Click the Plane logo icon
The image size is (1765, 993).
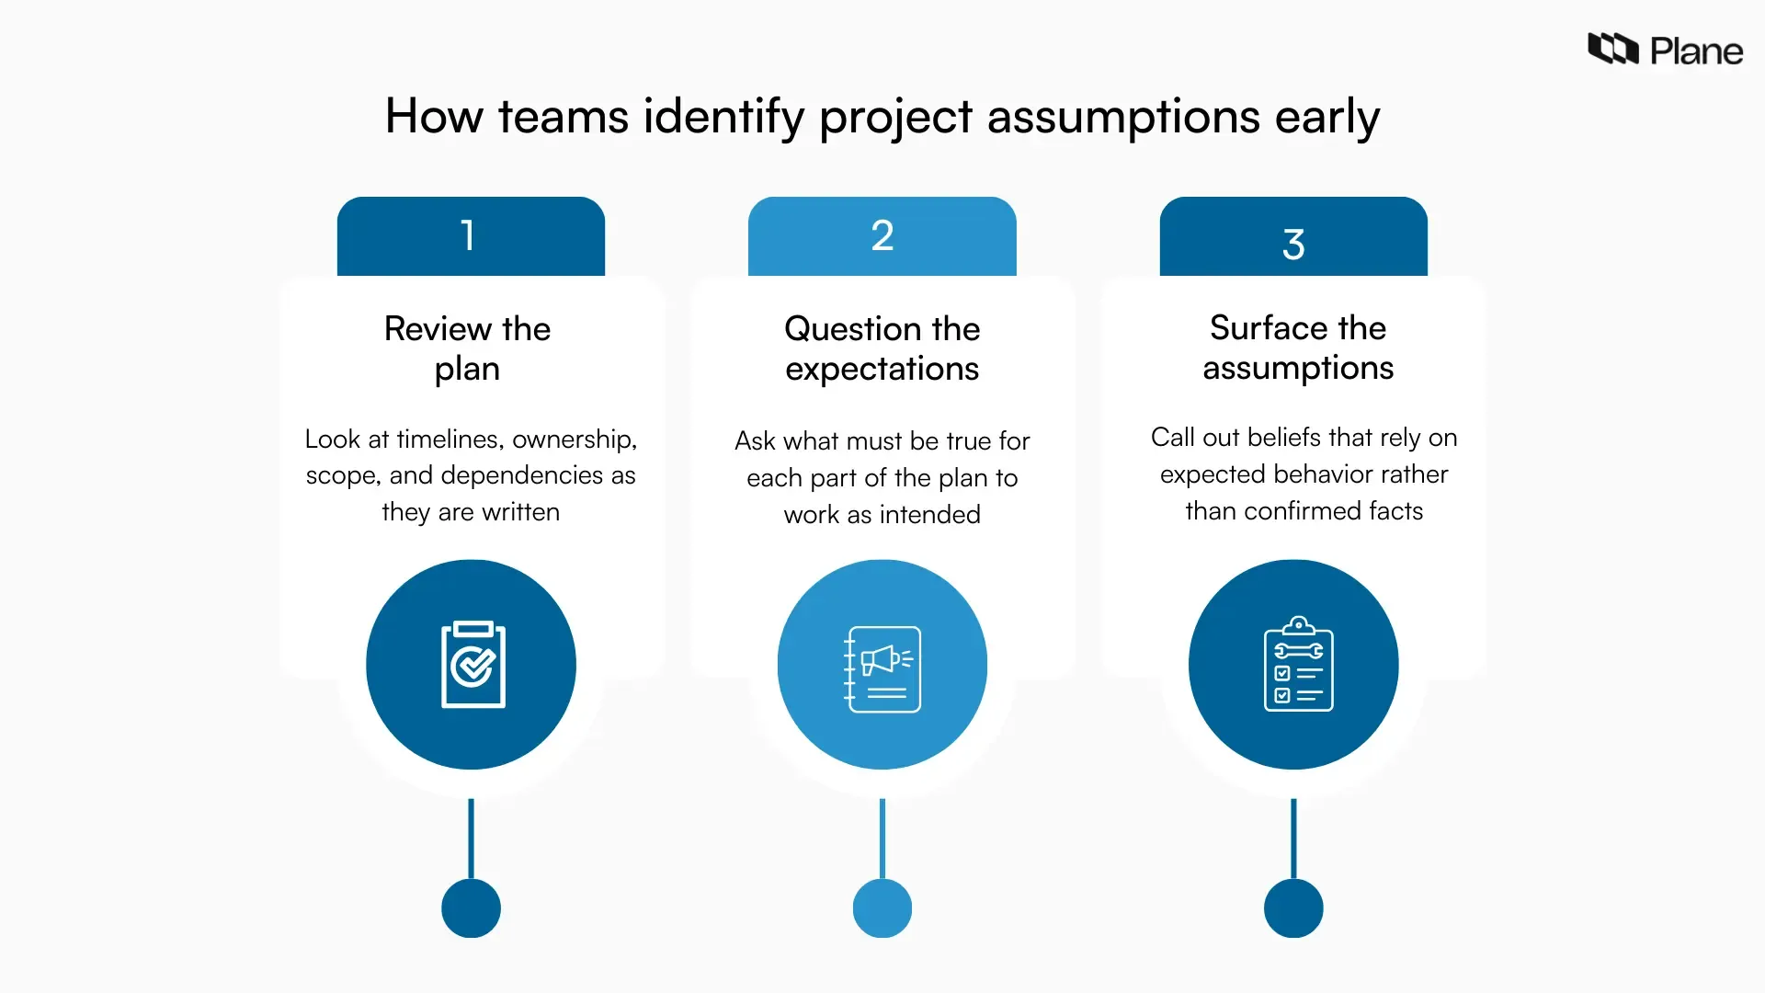tap(1612, 49)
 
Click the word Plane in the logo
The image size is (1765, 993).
tap(1696, 51)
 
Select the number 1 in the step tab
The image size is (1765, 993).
tap(469, 235)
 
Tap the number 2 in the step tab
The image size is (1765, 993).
tap(882, 235)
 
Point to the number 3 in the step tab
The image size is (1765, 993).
tap(1293, 245)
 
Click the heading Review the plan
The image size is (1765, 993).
tap(467, 348)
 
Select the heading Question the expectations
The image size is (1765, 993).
tap(882, 348)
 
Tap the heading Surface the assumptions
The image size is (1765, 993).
tap(1297, 348)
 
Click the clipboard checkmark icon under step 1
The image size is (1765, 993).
tap(473, 665)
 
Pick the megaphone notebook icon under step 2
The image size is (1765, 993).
tap(882, 668)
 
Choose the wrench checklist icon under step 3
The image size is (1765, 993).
tap(1297, 664)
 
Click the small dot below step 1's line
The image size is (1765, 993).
tap(471, 907)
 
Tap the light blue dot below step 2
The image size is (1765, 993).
tap(882, 907)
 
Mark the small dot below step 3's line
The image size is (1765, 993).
tap(1292, 907)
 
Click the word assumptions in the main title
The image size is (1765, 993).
tap(1123, 118)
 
